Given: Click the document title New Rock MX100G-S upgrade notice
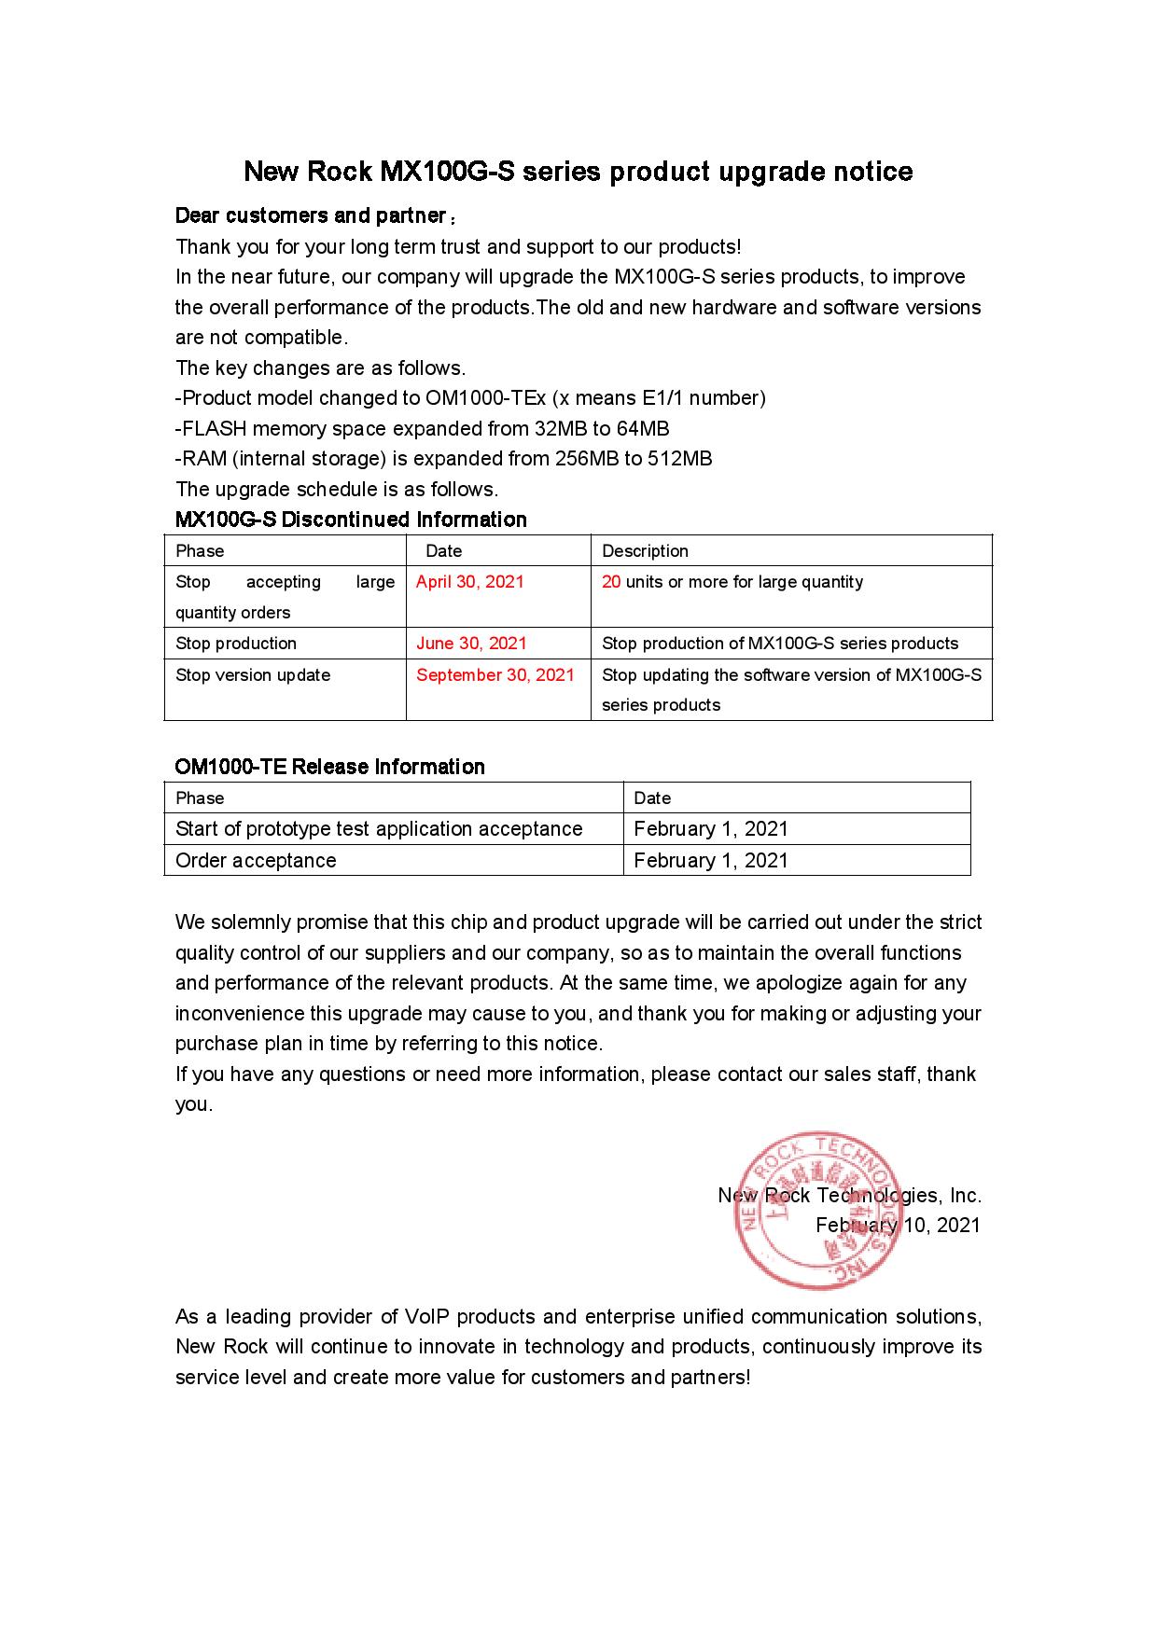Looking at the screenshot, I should click(578, 172).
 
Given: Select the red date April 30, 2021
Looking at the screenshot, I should click(469, 582).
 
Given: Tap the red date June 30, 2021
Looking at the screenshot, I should click(471, 644).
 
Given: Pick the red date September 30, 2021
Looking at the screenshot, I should click(495, 675).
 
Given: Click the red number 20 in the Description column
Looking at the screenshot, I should click(611, 582).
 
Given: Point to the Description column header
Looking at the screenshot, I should click(645, 551).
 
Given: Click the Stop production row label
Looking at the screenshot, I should click(236, 644).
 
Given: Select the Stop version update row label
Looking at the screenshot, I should click(253, 675).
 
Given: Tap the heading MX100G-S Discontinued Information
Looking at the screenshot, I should click(351, 520).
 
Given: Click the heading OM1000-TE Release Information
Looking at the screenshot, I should click(329, 767).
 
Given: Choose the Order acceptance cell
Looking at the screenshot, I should click(256, 861).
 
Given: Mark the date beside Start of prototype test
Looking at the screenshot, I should click(711, 829).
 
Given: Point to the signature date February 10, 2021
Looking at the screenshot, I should click(898, 1226).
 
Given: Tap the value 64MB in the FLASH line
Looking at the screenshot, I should click(643, 429).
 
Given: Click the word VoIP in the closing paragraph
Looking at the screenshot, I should click(427, 1317).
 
